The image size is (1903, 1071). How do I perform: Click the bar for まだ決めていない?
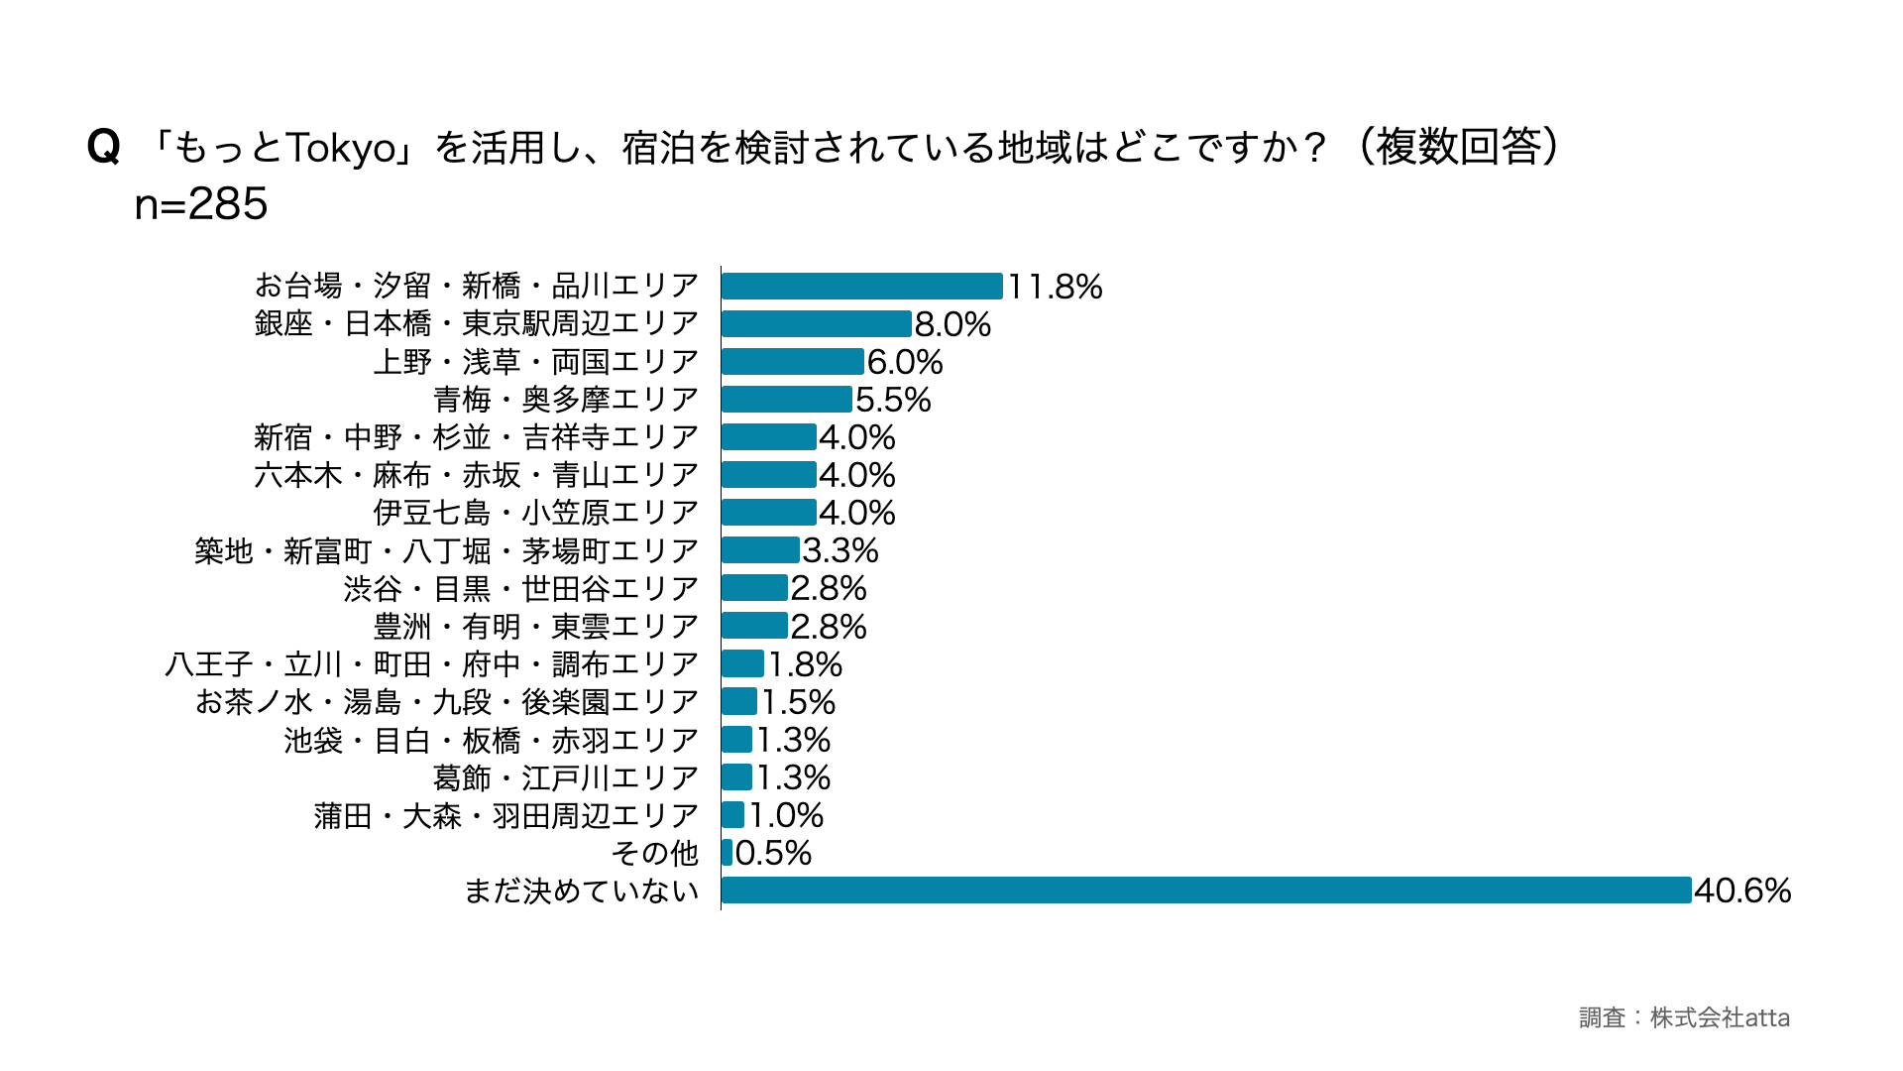pyautogui.click(x=1205, y=891)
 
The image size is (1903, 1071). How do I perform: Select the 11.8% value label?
pyautogui.click(x=1055, y=287)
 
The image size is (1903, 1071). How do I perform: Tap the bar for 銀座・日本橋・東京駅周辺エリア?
pyautogui.click(x=816, y=324)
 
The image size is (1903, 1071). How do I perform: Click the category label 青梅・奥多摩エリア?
pyautogui.click(x=566, y=400)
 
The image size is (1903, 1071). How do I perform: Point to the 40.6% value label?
pyautogui.click(x=1741, y=891)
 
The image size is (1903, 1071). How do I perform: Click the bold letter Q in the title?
pyautogui.click(x=104, y=148)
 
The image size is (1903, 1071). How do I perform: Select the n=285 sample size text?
pyautogui.click(x=201, y=204)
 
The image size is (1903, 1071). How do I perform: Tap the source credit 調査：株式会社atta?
pyautogui.click(x=1684, y=1017)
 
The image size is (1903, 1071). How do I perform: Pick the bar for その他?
pyautogui.click(x=728, y=853)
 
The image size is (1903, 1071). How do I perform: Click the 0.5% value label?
pyautogui.click(x=773, y=853)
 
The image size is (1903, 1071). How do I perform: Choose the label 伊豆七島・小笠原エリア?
pyautogui.click(x=535, y=513)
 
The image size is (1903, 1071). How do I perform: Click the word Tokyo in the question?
pyautogui.click(x=342, y=148)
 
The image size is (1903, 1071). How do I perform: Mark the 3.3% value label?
pyautogui.click(x=840, y=550)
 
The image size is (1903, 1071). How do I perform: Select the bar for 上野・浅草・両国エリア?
pyautogui.click(x=792, y=362)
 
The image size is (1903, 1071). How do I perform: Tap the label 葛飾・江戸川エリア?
pyautogui.click(x=565, y=777)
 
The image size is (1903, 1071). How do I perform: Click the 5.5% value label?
pyautogui.click(x=893, y=400)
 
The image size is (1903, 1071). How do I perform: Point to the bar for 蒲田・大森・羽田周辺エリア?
pyautogui.click(x=732, y=815)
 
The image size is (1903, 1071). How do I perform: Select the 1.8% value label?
pyautogui.click(x=805, y=664)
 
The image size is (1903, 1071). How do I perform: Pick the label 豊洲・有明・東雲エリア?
pyautogui.click(x=535, y=627)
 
